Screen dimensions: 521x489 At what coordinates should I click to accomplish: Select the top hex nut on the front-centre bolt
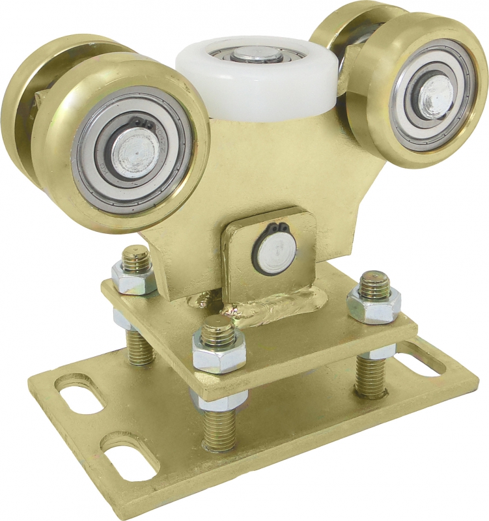coord(219,348)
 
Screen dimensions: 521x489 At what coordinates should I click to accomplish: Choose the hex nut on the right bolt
coord(374,303)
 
